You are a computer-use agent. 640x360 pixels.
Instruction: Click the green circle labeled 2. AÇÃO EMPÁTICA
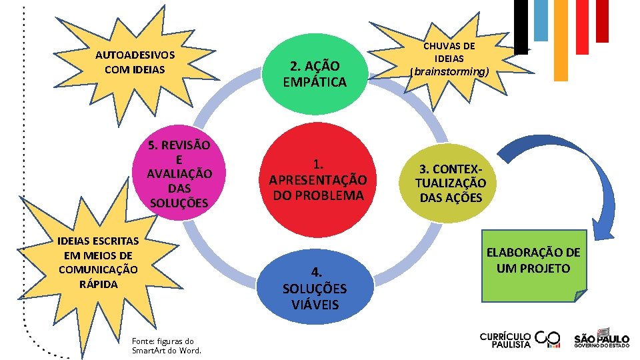(x=315, y=73)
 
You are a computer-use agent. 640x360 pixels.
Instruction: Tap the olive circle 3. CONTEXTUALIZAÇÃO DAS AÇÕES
(x=451, y=182)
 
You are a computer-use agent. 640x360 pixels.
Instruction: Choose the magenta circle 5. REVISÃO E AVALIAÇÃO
(x=179, y=173)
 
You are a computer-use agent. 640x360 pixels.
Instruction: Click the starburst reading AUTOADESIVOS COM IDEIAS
(x=135, y=62)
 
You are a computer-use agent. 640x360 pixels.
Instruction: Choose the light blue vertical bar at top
(x=541, y=19)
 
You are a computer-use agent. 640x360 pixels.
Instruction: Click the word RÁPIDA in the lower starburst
(x=98, y=284)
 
